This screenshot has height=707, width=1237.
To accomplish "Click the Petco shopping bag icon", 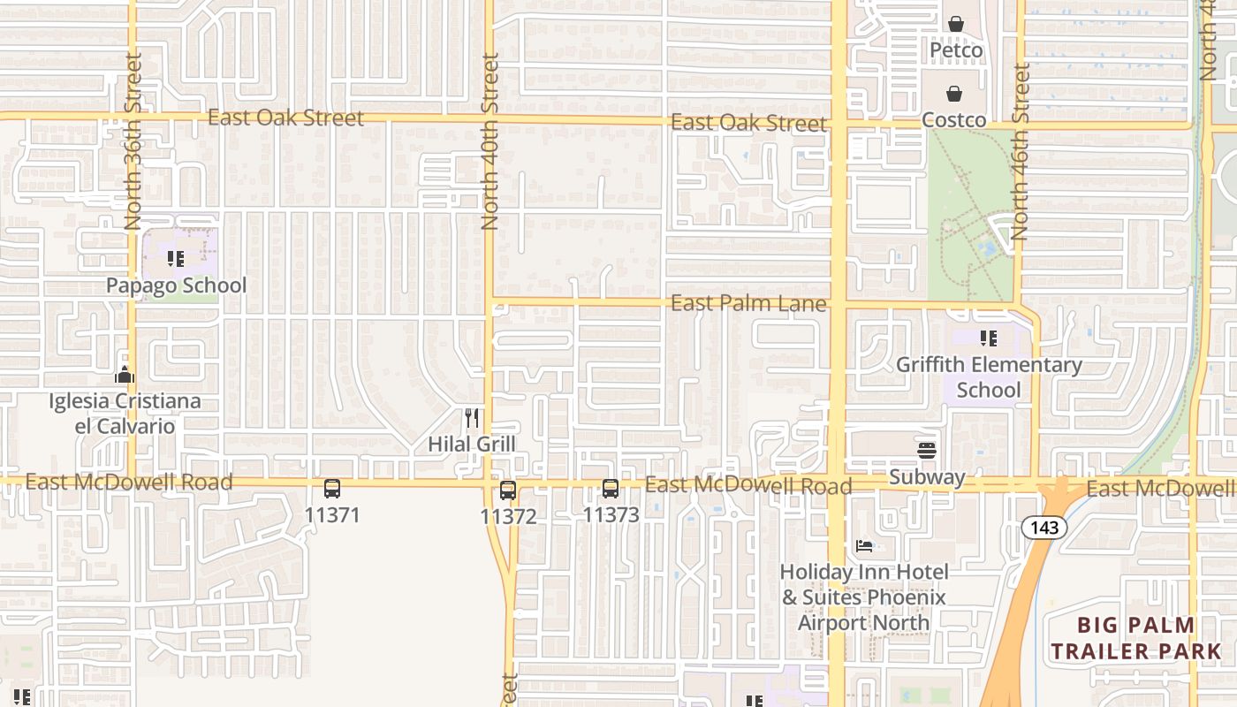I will tap(955, 24).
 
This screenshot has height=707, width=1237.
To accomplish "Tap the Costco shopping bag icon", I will tap(954, 93).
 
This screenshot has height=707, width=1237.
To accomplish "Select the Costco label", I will tap(954, 119).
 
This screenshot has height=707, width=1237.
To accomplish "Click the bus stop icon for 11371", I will tap(332, 489).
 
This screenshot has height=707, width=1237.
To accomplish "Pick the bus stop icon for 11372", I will tap(508, 490).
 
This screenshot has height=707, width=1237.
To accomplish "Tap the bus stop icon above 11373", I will tap(611, 489).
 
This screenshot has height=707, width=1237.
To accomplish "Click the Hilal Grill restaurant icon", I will tap(472, 417).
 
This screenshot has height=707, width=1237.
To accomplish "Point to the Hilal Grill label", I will tap(472, 444).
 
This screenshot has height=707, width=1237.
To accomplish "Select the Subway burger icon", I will tap(927, 451).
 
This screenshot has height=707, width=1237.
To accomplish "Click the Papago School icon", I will tap(176, 259).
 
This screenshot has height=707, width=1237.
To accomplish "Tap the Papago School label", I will tap(176, 285).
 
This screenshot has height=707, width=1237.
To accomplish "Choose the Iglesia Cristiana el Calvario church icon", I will tap(125, 375).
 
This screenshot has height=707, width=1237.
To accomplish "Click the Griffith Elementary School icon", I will tap(989, 338).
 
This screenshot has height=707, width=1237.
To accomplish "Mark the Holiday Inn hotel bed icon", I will tap(864, 546).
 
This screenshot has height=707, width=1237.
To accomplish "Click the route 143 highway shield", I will tap(1044, 528).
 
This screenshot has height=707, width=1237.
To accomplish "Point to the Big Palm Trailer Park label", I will tap(1136, 638).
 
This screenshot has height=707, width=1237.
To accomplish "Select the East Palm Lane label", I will tap(748, 304).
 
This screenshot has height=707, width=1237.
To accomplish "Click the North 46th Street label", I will tap(1021, 152).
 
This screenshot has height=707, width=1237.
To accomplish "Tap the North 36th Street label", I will tap(133, 141).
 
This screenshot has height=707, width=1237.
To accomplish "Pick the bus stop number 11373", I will tap(611, 514).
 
